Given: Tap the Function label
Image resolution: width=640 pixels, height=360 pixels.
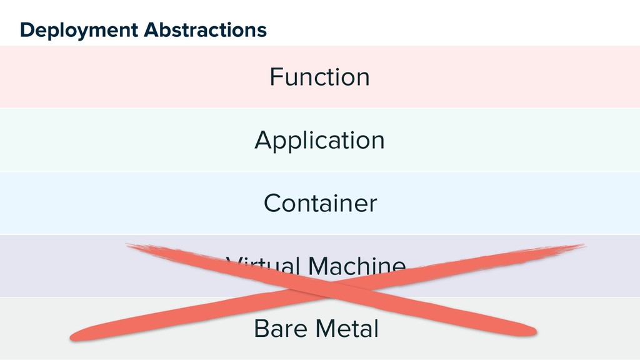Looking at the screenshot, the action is (319, 77).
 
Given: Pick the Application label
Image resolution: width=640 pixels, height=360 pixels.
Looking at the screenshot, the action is (319, 141).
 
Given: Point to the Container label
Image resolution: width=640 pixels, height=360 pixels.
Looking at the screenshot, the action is (320, 203).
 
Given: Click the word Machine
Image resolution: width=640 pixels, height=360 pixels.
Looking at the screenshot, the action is (356, 266).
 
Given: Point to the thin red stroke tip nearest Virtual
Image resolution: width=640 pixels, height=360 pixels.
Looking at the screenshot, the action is (128, 245).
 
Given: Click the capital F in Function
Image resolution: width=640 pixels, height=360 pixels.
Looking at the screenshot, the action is (275, 77).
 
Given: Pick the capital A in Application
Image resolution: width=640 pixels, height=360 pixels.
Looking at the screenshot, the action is (263, 139).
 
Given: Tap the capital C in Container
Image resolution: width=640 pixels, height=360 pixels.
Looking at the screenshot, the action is (272, 203).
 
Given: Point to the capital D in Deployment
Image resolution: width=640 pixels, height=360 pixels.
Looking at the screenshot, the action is (26, 29).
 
